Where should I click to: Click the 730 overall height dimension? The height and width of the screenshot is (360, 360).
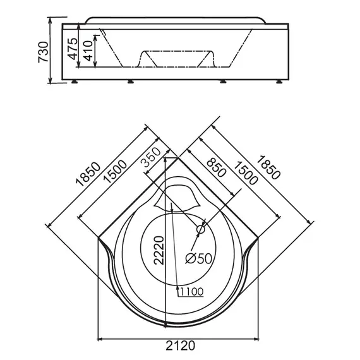click(43, 52)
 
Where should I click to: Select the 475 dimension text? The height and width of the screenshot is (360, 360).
click(73, 49)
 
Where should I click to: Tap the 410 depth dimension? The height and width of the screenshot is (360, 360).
click(88, 51)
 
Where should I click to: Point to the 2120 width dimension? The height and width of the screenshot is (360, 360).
click(181, 345)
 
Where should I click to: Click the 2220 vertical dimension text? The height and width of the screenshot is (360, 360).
click(159, 250)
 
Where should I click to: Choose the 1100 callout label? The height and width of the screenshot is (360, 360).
click(192, 292)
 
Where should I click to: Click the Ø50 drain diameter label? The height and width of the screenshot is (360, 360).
click(198, 258)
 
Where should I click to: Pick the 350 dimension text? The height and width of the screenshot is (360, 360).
click(151, 157)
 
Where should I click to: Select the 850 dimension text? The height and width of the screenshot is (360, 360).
click(216, 167)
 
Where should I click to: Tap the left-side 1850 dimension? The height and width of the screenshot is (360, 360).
click(88, 174)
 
